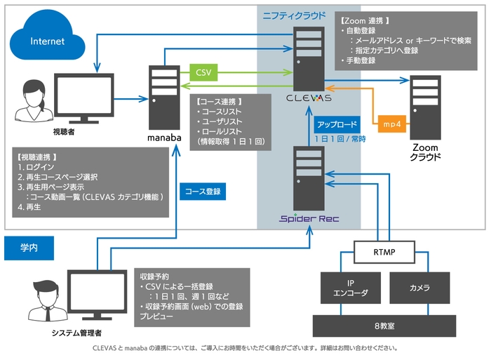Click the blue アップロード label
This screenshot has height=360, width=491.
338,124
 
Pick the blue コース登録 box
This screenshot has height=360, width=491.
203,189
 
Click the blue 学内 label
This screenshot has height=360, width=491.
29,247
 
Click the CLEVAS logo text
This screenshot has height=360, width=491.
309,98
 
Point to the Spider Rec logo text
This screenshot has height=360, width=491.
309,218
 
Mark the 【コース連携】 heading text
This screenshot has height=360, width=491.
219,101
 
